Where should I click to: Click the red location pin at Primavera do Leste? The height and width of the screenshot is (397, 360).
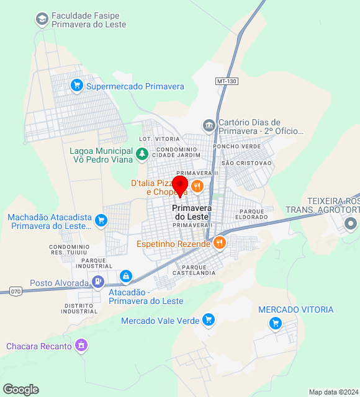pyautogui.click(x=180, y=185)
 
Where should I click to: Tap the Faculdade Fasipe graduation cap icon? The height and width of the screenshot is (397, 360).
pyautogui.click(x=42, y=19)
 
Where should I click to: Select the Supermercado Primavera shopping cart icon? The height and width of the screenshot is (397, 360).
pyautogui.click(x=77, y=86)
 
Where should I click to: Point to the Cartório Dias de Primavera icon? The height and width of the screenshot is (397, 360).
pyautogui.click(x=209, y=126)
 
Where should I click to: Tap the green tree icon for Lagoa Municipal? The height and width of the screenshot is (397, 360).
pyautogui.click(x=143, y=153)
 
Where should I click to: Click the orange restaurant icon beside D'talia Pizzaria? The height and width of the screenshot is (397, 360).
pyautogui.click(x=197, y=186)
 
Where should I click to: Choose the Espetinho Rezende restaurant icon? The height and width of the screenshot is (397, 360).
pyautogui.click(x=219, y=243)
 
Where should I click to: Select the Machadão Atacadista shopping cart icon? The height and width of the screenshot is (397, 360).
pyautogui.click(x=101, y=220)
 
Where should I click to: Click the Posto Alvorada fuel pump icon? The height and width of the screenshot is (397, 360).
pyautogui.click(x=98, y=282)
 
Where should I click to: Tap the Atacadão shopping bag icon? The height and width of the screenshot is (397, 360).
pyautogui.click(x=125, y=275)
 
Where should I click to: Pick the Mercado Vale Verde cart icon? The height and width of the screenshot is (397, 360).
pyautogui.click(x=209, y=320)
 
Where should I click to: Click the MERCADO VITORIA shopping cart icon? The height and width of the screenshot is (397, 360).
pyautogui.click(x=276, y=323)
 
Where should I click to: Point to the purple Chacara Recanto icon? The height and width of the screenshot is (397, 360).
pyautogui.click(x=81, y=346)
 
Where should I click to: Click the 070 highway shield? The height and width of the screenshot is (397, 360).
pyautogui.click(x=16, y=290)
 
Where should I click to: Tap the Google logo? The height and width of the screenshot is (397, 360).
pyautogui.click(x=20, y=390)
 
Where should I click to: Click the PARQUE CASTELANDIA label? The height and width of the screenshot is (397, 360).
pyautogui.click(x=199, y=270)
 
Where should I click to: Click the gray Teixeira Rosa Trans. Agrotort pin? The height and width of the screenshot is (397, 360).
pyautogui.click(x=351, y=223)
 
